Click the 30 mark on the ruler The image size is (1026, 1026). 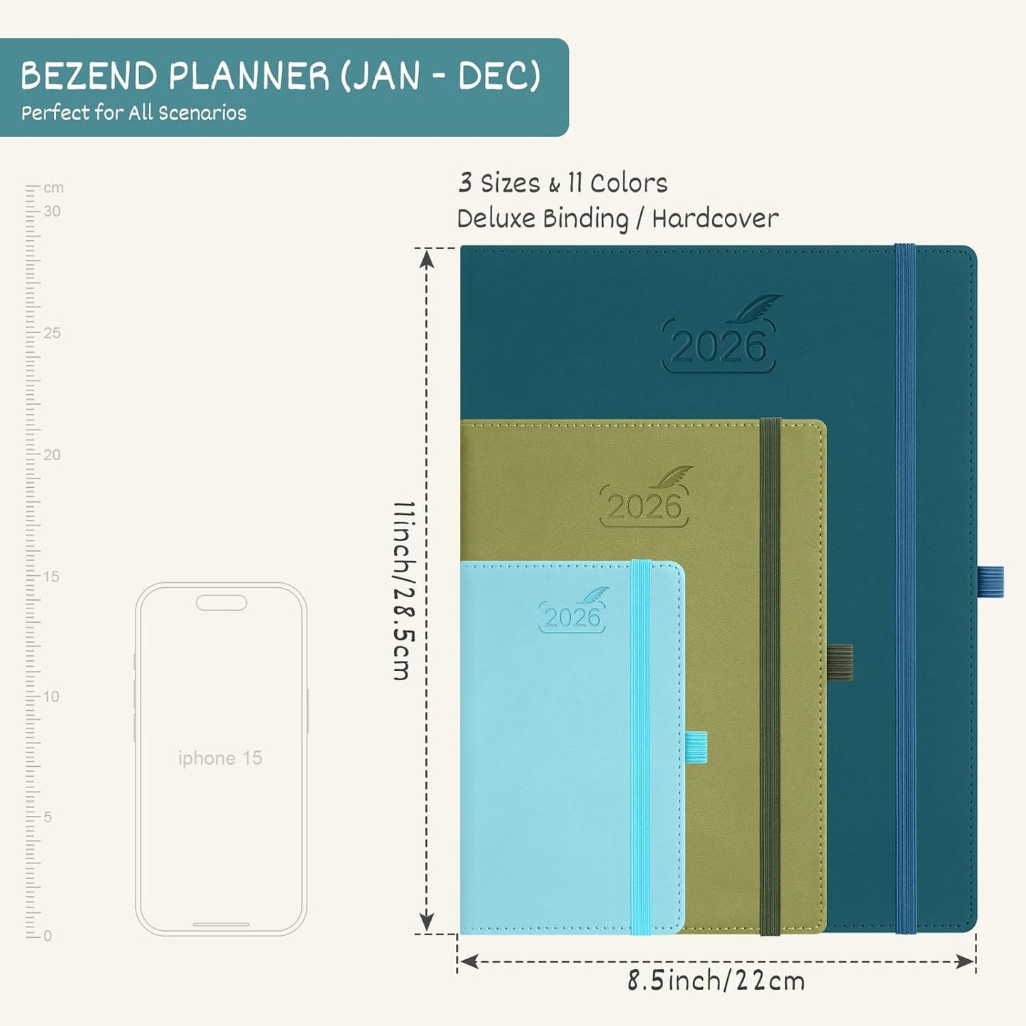coord(52,211)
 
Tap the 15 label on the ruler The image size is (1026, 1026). coord(51,577)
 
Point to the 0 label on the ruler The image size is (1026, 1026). coord(48,936)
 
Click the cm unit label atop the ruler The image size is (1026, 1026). coord(54,188)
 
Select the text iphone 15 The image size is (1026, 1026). coord(220,758)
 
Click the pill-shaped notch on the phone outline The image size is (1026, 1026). coord(222,603)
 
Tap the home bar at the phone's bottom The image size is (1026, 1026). coord(221,924)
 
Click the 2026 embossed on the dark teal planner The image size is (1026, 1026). coord(719,347)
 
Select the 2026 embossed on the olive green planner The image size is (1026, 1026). coord(644,507)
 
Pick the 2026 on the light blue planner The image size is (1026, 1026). coord(572,618)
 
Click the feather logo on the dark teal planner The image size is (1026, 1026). coord(758,309)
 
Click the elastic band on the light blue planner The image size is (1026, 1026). coord(641,746)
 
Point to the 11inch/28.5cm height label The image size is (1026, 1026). coord(403,591)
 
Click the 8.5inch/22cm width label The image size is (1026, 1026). coord(716,981)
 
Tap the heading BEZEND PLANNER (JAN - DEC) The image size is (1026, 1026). coord(280,76)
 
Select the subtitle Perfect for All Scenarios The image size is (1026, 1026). coord(133,113)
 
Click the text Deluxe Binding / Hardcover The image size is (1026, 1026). coord(617,219)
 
